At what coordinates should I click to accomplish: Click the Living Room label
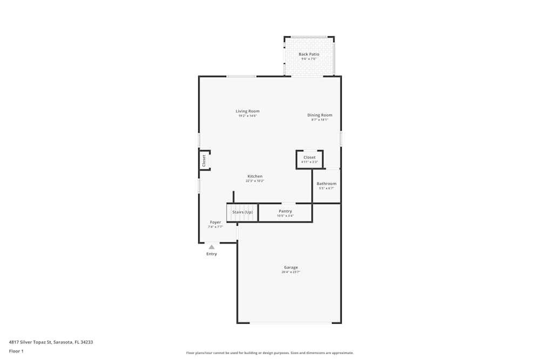247,111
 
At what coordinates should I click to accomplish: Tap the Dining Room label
320,115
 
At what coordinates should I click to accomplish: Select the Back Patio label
309,54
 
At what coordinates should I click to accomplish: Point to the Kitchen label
255,176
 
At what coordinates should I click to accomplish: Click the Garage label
291,268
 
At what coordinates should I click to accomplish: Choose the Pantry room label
285,211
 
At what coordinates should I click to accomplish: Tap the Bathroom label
326,184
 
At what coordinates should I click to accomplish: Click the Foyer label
215,222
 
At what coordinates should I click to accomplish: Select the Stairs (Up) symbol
242,212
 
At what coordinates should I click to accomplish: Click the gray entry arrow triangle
212,247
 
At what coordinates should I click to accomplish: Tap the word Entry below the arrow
212,254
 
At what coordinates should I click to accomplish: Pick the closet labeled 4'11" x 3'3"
309,159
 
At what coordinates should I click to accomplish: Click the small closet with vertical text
204,160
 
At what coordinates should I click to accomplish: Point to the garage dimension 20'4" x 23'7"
291,273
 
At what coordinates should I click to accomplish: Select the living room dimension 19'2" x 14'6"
247,116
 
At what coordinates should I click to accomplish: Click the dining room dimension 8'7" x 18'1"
320,120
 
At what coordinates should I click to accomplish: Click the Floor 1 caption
16,351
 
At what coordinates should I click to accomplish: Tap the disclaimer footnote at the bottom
270,353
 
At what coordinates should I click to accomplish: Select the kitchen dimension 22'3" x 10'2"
255,181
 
